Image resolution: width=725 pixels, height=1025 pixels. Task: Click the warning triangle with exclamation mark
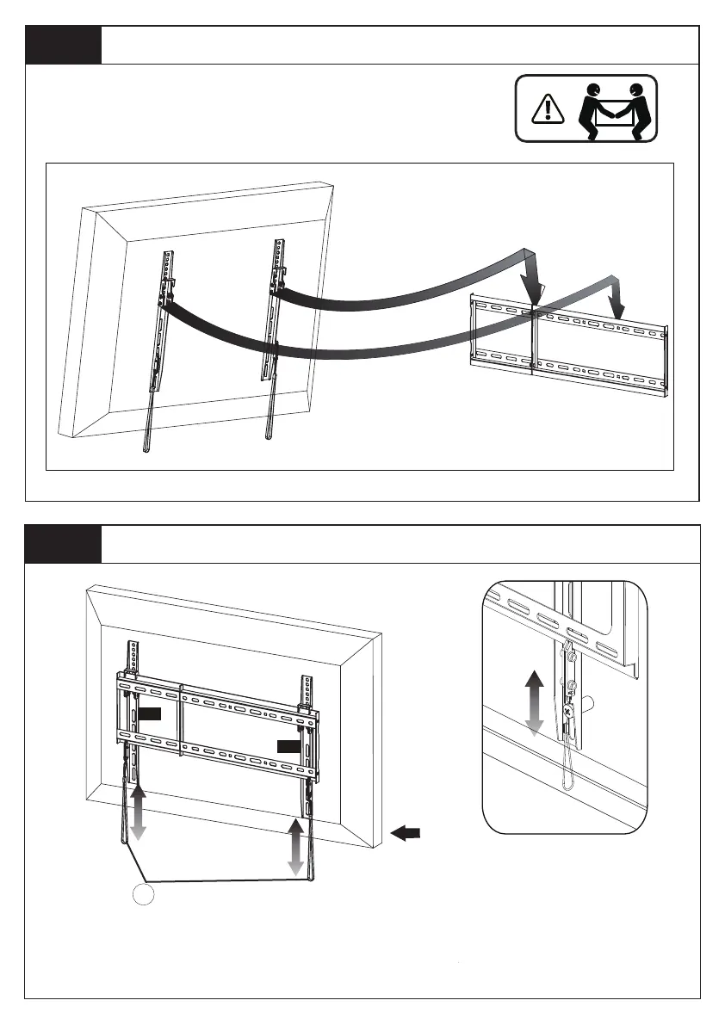[x=544, y=108]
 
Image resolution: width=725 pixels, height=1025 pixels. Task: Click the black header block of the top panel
[x=64, y=45]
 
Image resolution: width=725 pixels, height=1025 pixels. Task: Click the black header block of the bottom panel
[x=64, y=544]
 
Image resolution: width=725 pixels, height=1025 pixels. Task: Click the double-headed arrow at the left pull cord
[x=137, y=815]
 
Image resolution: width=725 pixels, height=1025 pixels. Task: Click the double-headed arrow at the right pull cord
[x=296, y=848]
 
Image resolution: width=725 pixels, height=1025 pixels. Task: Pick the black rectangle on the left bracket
[x=149, y=713]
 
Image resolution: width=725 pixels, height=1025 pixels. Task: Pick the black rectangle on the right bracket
[x=289, y=745]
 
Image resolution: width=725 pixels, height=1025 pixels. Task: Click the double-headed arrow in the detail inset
[x=535, y=703]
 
